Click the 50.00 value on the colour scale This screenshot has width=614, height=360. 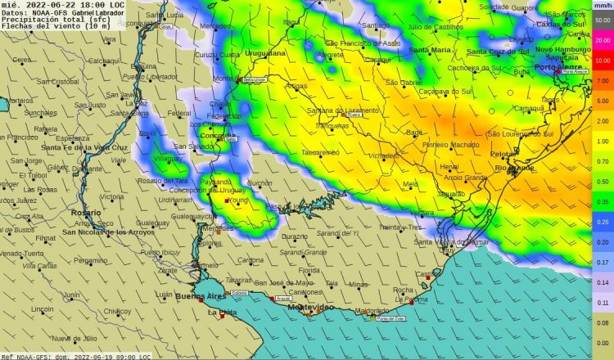pos(602,20)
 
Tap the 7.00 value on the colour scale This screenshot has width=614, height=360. pos(602,81)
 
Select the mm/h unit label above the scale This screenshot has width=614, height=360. pos(602,5)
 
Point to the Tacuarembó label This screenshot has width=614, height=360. pos(320,152)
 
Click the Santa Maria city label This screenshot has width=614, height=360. pos(429,50)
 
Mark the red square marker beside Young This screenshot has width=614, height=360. pos(227,200)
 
